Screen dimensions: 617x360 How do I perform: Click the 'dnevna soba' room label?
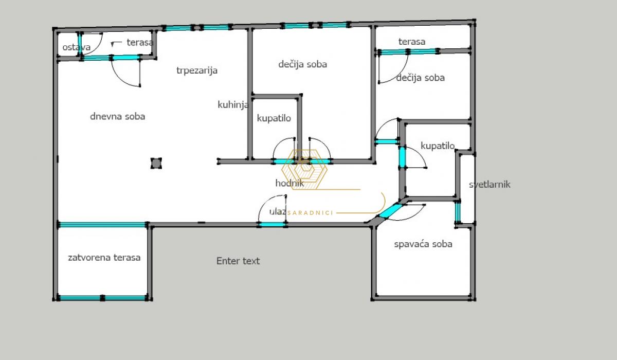coord(118,117)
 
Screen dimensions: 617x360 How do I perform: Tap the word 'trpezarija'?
coord(197,70)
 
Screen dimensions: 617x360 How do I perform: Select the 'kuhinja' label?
coord(233,105)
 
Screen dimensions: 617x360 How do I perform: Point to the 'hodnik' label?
coord(289,183)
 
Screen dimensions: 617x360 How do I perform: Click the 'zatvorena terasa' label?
coord(104,258)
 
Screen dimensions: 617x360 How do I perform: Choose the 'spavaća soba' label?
coord(423,244)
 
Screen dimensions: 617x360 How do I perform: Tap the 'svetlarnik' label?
coord(489,185)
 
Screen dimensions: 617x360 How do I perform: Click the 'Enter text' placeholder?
coord(238,261)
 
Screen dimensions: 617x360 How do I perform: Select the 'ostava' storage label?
coord(76,47)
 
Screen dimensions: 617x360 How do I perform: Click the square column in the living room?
coord(156,164)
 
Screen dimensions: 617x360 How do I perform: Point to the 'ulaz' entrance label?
coord(278,211)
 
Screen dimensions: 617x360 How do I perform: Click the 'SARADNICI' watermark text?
coord(311,213)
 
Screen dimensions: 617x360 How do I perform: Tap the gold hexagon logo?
coord(304,169)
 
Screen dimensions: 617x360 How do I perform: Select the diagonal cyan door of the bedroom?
coord(391,211)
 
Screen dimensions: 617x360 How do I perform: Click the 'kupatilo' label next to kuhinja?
coord(274,118)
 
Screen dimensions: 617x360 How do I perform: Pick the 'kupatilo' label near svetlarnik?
coord(438,146)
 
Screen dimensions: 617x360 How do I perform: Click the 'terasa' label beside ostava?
coord(140,42)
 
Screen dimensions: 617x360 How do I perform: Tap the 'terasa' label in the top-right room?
coord(412,42)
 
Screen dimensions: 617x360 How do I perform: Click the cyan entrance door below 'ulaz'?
coord(272,225)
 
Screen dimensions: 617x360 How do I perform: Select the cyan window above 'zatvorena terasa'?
coord(102,225)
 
